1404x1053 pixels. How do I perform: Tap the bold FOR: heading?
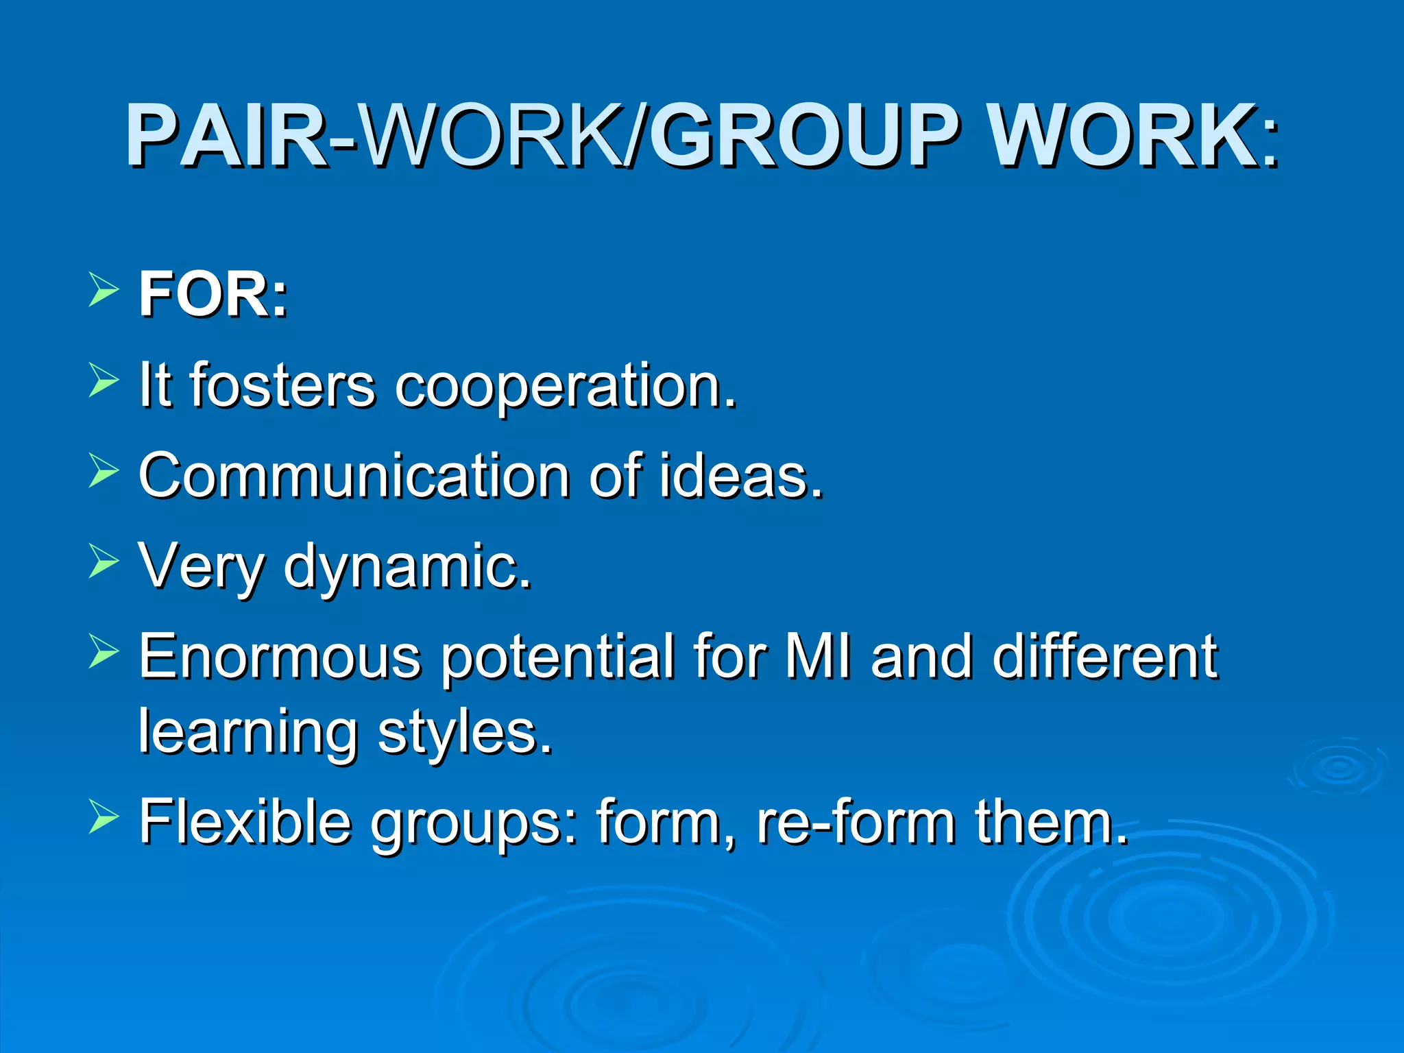(213, 295)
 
